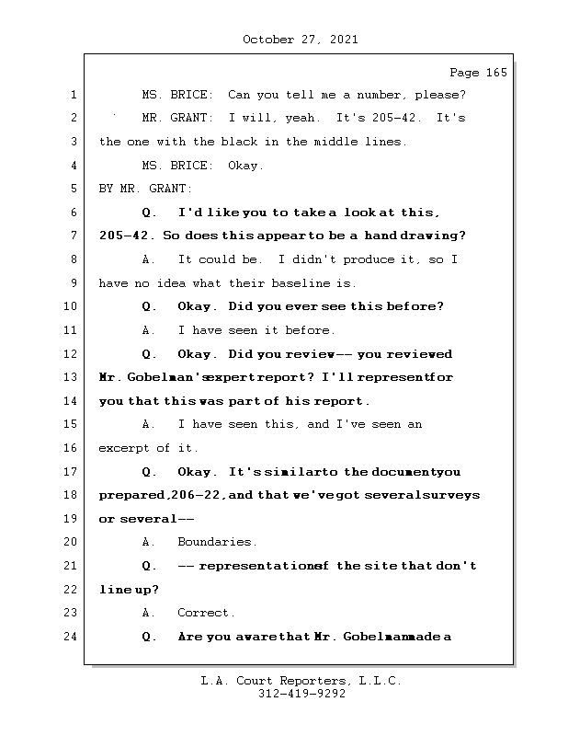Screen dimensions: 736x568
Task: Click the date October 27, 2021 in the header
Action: [x=300, y=40]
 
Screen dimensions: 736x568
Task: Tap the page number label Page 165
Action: [x=477, y=73]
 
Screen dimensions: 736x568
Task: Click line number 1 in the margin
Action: [x=73, y=95]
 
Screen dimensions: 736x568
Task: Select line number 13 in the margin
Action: [x=70, y=377]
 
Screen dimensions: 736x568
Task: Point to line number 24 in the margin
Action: [x=70, y=636]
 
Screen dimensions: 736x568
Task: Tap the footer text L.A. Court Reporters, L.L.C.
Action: [x=301, y=681]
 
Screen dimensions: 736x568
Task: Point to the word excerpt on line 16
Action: [x=124, y=448]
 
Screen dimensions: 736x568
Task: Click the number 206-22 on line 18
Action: [x=203, y=495]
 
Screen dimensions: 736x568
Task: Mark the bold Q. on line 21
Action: [x=150, y=566]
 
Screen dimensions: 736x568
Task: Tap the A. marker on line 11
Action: [x=149, y=330]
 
